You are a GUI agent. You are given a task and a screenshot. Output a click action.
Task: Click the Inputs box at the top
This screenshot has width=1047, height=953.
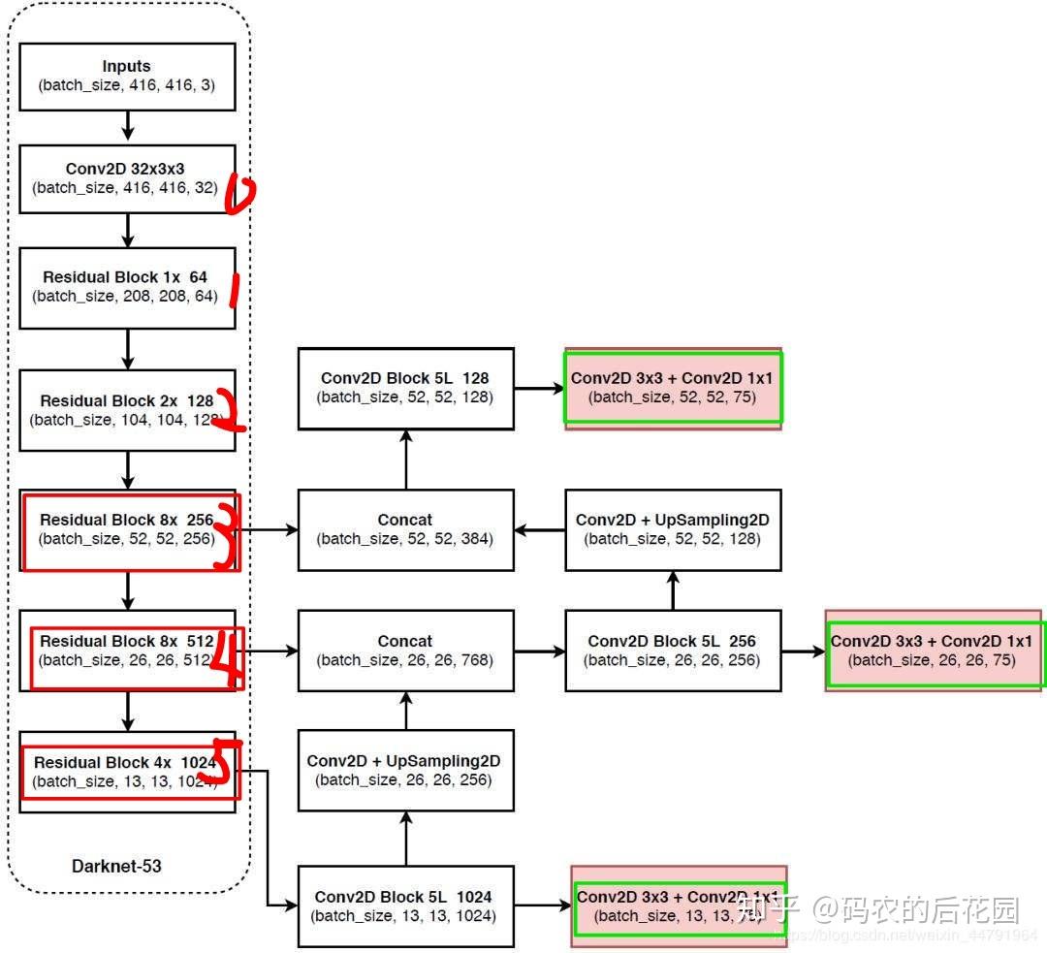[x=127, y=76]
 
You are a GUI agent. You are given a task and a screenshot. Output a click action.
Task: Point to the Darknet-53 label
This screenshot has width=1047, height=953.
[x=116, y=866]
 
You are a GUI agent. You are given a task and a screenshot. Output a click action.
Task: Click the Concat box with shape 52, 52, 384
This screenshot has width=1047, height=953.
[x=405, y=529]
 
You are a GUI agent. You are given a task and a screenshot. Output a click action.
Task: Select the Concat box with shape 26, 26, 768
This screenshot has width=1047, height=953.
[x=405, y=651]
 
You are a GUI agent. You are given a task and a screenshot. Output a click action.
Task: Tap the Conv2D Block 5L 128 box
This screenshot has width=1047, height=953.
[x=405, y=388]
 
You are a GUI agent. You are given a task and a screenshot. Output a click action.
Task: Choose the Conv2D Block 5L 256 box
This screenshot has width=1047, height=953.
[x=673, y=651]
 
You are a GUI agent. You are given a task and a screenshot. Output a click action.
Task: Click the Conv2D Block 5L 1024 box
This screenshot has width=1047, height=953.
[x=405, y=906]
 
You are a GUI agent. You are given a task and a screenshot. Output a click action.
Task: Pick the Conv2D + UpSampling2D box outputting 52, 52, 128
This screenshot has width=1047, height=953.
[x=673, y=529]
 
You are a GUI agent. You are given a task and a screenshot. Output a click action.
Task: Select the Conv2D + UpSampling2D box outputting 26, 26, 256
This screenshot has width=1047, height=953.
[x=405, y=771]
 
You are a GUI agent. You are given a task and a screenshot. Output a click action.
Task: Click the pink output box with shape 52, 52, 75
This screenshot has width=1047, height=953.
[x=673, y=388]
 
